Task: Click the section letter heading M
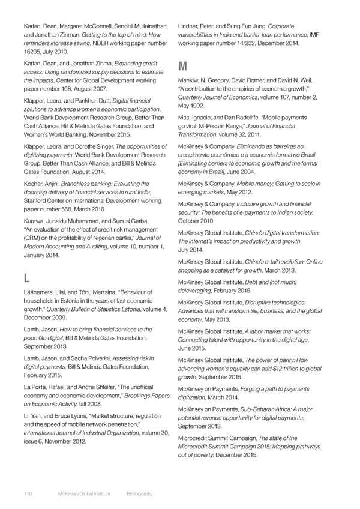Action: pos(182,65)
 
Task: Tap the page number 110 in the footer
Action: pos(28,493)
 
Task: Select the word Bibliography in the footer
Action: pos(140,493)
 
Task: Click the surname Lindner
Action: pos(191,26)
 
